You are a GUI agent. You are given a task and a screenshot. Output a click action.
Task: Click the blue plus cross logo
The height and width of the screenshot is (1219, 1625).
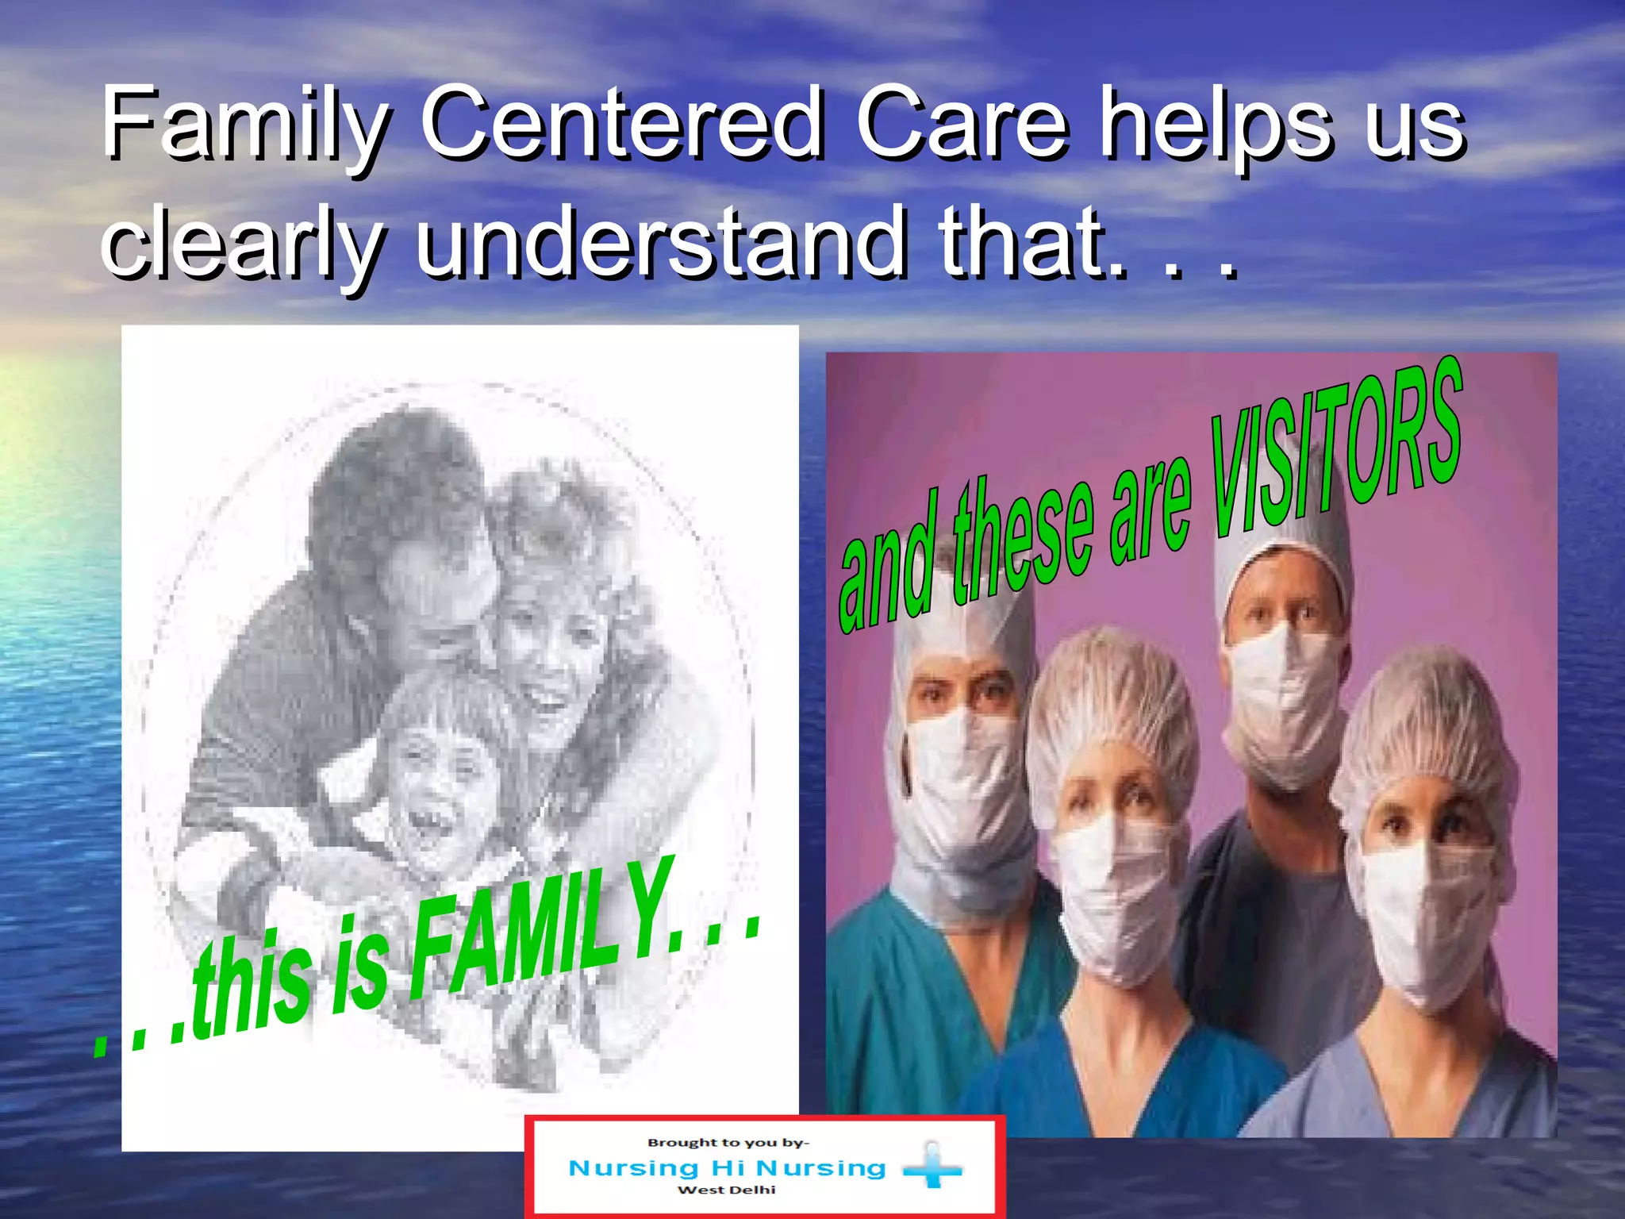coord(933,1167)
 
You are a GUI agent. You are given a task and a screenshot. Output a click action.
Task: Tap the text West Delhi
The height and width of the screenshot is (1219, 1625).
coord(726,1190)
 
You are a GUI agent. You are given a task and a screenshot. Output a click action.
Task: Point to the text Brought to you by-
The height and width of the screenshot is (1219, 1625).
coord(728,1143)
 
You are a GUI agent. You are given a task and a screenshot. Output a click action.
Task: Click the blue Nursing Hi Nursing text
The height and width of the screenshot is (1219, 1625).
coord(727,1167)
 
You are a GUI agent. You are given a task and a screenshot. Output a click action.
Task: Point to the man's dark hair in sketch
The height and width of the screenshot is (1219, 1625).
coord(389,476)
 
